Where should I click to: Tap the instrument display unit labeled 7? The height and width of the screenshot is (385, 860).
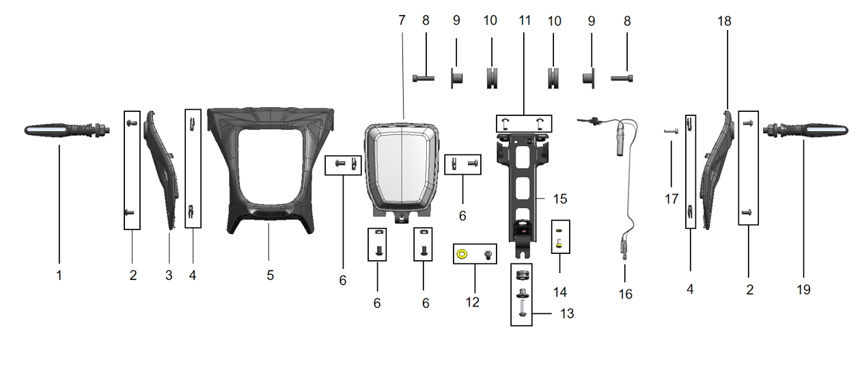[402, 167]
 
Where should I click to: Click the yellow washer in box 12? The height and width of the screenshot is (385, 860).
[462, 255]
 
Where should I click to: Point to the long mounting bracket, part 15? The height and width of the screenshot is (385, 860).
[525, 184]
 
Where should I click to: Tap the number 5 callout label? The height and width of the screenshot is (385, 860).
[270, 275]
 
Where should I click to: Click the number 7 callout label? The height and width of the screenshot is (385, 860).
[402, 20]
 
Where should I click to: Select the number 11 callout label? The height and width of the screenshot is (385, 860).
[525, 20]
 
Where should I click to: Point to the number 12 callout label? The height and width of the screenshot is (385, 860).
[473, 302]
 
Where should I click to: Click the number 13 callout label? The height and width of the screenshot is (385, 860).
[567, 314]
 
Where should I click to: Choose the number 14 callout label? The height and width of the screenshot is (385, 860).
[560, 292]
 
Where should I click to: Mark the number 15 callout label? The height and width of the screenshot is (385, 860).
[560, 199]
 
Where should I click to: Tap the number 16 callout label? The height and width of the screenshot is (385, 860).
[626, 294]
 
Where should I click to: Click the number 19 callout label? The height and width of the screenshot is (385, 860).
[803, 289]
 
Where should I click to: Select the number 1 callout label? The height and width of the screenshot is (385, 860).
[59, 275]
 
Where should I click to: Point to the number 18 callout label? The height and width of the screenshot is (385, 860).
[724, 21]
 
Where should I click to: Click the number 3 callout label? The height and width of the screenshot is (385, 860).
[169, 275]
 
